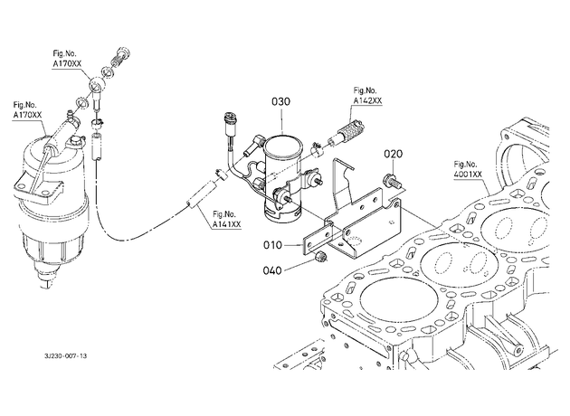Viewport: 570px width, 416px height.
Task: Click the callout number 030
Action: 281,101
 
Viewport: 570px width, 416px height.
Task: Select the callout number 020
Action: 394,154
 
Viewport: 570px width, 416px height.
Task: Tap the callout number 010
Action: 272,245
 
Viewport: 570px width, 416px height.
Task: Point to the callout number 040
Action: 272,270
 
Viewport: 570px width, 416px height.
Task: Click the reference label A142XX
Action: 367,100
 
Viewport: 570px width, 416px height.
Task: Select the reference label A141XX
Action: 226,224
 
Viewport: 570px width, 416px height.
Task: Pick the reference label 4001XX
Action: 468,174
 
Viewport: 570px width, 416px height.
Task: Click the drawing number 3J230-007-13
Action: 66,355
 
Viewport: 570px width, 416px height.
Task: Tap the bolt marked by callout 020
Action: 393,181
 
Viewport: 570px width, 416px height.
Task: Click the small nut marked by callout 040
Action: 321,256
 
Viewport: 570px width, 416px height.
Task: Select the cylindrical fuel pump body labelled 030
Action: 281,178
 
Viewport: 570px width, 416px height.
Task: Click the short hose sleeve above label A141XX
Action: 202,196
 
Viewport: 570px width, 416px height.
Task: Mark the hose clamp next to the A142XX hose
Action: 317,148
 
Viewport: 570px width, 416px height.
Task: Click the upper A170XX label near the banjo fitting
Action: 67,64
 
